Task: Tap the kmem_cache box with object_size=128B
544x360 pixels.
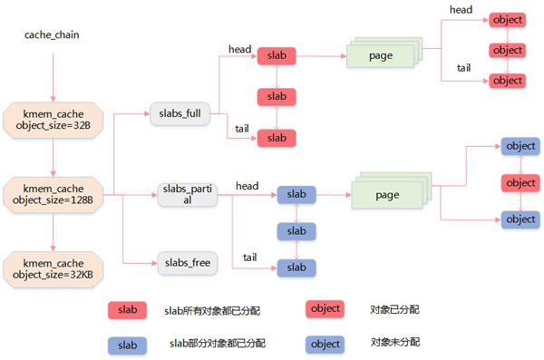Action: click(53, 192)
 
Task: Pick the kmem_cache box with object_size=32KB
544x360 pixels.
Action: click(53, 266)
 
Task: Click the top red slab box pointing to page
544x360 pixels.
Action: click(277, 56)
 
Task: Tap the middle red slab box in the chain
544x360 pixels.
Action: click(277, 96)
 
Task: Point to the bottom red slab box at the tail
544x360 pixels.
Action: click(277, 137)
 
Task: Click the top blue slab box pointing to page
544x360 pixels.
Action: click(296, 194)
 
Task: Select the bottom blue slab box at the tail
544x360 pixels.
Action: click(296, 268)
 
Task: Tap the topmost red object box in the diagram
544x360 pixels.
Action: click(507, 19)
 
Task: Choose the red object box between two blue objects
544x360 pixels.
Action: click(520, 182)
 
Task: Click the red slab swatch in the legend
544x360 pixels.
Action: click(127, 310)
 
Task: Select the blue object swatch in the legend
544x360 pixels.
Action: click(325, 344)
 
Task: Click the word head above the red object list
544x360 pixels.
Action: click(461, 9)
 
